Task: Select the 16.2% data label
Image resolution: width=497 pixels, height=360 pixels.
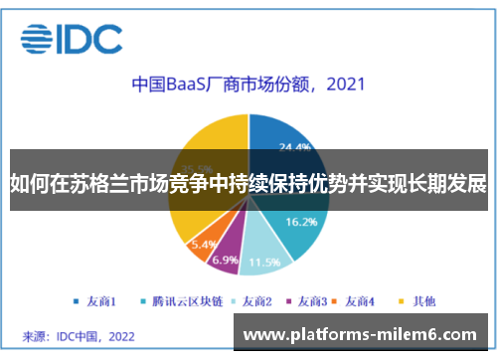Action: pos(300,222)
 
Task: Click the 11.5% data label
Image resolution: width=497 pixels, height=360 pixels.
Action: pos(263,263)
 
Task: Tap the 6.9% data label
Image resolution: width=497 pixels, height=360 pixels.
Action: pos(226,261)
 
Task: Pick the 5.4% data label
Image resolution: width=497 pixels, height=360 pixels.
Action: pos(204,244)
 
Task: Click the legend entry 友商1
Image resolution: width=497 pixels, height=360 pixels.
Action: pos(95,299)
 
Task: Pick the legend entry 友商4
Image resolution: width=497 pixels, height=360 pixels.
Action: pos(361,299)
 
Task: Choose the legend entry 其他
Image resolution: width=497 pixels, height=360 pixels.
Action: pos(417,299)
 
